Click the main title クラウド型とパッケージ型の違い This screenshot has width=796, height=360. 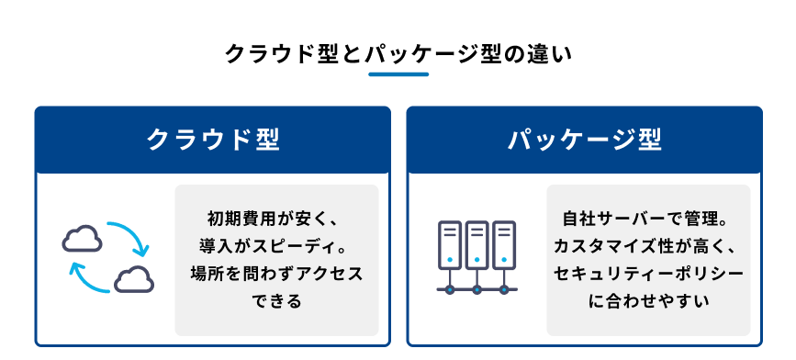click(398, 54)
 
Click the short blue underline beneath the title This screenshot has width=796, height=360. click(398, 74)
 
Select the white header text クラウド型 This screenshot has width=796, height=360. click(213, 140)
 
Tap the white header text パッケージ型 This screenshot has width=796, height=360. click(585, 140)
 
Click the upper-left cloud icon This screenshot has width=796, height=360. click(81, 239)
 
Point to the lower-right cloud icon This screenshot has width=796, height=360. click(134, 277)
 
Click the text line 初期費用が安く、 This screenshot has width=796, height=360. click(275, 220)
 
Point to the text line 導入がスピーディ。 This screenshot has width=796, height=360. click(275, 246)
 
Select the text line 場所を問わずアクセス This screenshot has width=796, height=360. click(275, 273)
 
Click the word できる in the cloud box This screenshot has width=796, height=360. click(275, 299)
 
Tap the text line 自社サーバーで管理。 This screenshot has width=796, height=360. click(647, 220)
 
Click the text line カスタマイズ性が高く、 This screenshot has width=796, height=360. click(647, 246)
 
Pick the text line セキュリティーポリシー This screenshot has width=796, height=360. click(647, 273)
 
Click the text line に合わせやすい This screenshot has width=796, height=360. click(647, 299)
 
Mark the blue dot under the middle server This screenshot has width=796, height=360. click(476, 289)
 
